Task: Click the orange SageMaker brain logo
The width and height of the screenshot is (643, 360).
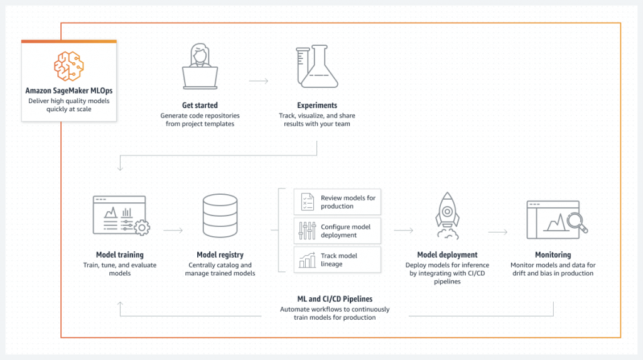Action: [69, 66]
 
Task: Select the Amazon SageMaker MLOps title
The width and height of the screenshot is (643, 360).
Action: [69, 90]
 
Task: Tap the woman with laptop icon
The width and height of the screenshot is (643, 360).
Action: [200, 66]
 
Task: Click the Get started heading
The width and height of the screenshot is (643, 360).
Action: [200, 106]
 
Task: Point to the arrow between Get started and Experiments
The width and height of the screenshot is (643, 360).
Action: [258, 81]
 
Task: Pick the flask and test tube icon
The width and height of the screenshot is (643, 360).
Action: [317, 66]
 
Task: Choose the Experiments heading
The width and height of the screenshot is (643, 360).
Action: [317, 106]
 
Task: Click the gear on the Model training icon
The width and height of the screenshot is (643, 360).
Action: [142, 227]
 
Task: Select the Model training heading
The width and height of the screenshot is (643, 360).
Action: [120, 255]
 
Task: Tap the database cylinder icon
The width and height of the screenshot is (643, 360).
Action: [220, 216]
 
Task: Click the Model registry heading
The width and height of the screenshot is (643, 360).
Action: [220, 255]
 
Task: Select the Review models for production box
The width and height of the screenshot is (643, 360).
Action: [337, 202]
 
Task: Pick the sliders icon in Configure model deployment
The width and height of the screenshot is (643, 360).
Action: [307, 231]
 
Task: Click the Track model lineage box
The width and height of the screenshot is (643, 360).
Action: [337, 260]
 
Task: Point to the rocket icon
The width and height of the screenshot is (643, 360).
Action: [447, 215]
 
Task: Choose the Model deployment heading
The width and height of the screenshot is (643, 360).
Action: [447, 255]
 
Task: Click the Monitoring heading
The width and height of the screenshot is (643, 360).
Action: [553, 255]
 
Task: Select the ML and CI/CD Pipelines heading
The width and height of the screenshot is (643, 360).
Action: [335, 299]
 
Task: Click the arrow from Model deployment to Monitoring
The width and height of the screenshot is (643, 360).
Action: [498, 232]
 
